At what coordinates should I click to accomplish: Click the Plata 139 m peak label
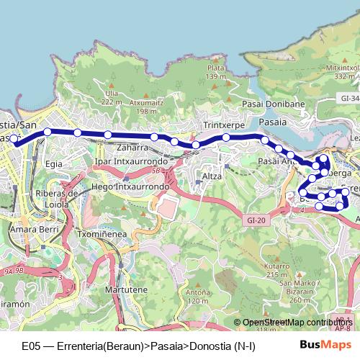(216, 72)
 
